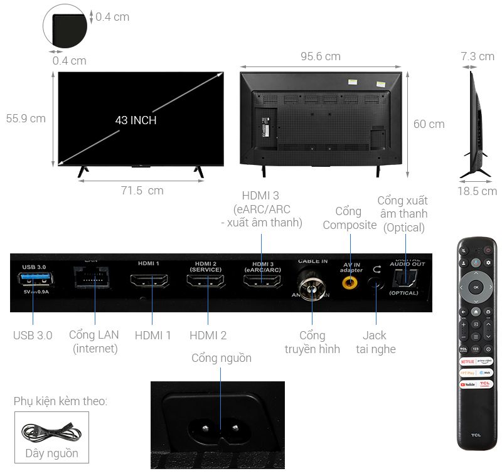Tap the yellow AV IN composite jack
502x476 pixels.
[351, 282]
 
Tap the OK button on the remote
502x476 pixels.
[476, 287]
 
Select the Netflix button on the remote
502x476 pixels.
[467, 362]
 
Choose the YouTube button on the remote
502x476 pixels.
[467, 384]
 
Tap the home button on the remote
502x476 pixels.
[476, 311]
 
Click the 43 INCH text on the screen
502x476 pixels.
[136, 120]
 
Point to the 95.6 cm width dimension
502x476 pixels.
[320, 56]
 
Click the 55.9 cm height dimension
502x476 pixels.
[26, 118]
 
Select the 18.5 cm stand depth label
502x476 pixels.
[477, 191]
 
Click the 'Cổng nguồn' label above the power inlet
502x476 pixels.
[222, 358]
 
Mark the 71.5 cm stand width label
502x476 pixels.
[142, 191]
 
